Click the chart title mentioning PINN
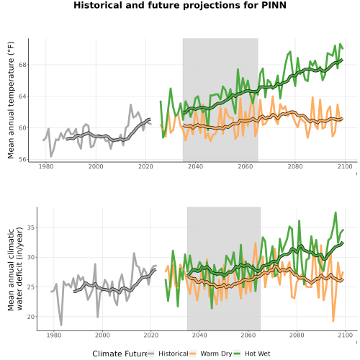(x=180, y=5)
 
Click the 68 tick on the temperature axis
(x=22, y=65)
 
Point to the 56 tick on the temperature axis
(x=22, y=159)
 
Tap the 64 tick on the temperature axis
(x=22, y=96)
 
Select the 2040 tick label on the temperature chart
(x=195, y=166)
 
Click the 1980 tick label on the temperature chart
(x=46, y=166)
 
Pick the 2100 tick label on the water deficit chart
(x=345, y=335)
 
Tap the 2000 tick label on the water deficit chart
(x=102, y=335)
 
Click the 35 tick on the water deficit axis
(x=31, y=228)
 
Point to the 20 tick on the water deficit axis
(x=31, y=317)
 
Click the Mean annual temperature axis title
(x=11, y=100)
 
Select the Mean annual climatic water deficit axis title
(x=15, y=269)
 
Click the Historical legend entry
(x=168, y=354)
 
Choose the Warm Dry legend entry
(x=211, y=354)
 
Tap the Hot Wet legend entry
(x=252, y=354)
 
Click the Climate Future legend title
(x=120, y=354)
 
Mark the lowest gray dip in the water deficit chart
(x=61, y=325)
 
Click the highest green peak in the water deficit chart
(x=335, y=212)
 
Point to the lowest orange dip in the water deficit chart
(x=333, y=321)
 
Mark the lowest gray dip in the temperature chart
(x=50, y=156)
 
